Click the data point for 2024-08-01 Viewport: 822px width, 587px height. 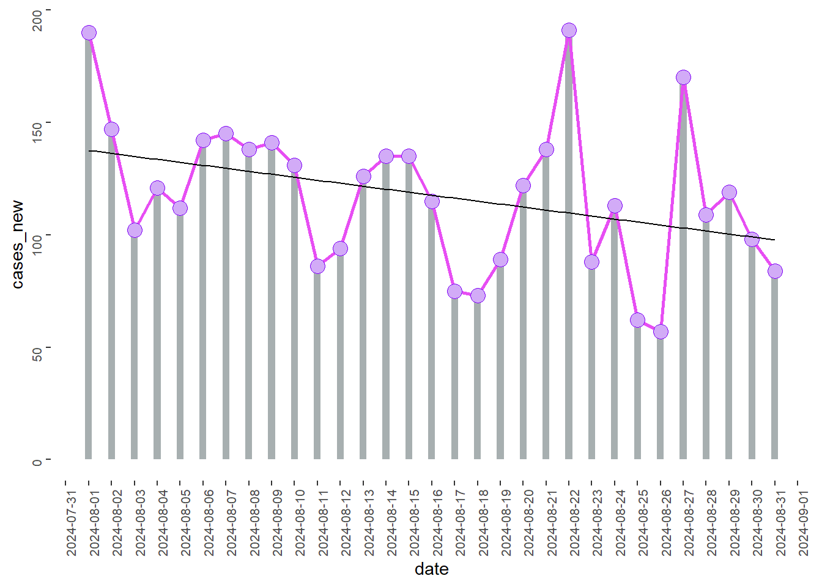[89, 33]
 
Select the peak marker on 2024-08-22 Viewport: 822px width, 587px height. [569, 31]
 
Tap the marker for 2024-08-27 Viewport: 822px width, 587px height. [683, 78]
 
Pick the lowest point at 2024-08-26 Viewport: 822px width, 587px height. [660, 332]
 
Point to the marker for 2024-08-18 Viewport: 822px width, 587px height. [478, 296]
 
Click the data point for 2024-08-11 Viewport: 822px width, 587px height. [317, 267]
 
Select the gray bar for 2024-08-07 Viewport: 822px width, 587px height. [226, 297]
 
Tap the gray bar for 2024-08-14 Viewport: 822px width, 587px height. [386, 308]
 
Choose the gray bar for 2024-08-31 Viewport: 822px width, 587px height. [774, 366]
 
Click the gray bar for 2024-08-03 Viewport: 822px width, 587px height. [135, 345]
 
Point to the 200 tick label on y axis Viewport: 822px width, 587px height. [37, 21]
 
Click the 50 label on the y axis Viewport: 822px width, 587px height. [37, 354]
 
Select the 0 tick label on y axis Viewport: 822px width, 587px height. [37, 462]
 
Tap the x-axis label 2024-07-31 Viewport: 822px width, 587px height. [71, 523]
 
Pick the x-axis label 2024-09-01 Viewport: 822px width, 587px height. [803, 523]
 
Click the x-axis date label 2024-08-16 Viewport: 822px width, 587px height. [437, 523]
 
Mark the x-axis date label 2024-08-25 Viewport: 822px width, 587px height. [643, 523]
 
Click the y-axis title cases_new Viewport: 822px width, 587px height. [18, 245]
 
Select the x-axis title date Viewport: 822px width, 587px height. [432, 569]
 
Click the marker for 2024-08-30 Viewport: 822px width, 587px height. [752, 240]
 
